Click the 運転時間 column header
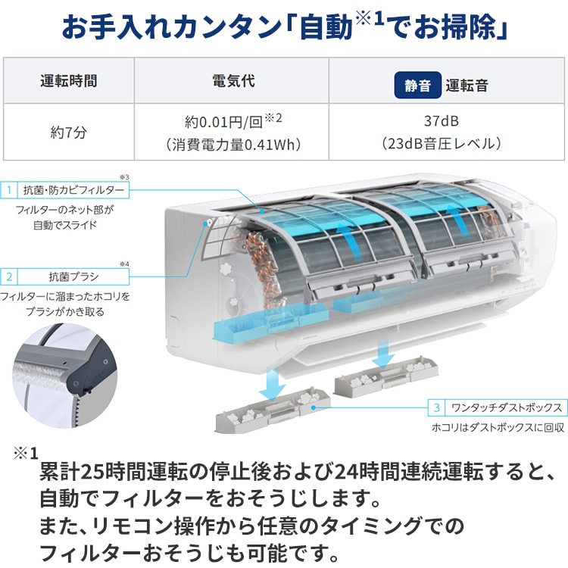tap(68, 81)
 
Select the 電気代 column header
tap(232, 81)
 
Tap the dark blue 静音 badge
tap(417, 86)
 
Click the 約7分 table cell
tap(68, 131)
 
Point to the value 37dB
tap(442, 121)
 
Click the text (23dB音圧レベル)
tap(442, 144)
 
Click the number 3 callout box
tap(436, 407)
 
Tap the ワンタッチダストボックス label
tap(504, 407)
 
